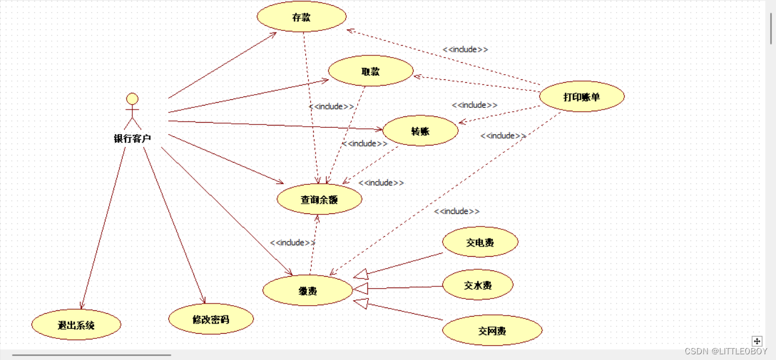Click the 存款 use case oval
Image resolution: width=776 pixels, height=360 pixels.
pyautogui.click(x=301, y=17)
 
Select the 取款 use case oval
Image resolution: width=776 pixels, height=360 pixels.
pyautogui.click(x=370, y=71)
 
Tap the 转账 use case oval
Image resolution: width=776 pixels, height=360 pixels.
pyautogui.click(x=420, y=131)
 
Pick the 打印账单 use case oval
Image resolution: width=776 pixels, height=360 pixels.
pyautogui.click(x=581, y=97)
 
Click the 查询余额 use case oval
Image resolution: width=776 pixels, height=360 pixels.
pyautogui.click(x=319, y=200)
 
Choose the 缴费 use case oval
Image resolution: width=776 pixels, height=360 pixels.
pyautogui.click(x=308, y=291)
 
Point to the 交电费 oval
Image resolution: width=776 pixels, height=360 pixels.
pyautogui.click(x=480, y=242)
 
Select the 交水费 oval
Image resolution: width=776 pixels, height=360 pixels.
pyautogui.click(x=478, y=285)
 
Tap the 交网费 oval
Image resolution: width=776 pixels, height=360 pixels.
pyautogui.click(x=492, y=331)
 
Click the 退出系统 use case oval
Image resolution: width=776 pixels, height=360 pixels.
pyautogui.click(x=76, y=325)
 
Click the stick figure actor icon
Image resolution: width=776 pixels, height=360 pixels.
pyautogui.click(x=132, y=111)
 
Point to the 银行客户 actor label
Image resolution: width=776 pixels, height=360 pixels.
pyautogui.click(x=132, y=138)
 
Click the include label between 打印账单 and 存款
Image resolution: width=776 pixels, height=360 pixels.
pyautogui.click(x=465, y=50)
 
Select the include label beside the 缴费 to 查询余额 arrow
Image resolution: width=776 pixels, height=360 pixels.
pyautogui.click(x=293, y=242)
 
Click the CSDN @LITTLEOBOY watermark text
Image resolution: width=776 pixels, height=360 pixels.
pyautogui.click(x=726, y=351)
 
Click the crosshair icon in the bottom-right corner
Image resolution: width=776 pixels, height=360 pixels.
pyautogui.click(x=757, y=341)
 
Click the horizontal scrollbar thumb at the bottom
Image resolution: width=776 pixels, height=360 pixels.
pyautogui.click(x=91, y=355)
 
